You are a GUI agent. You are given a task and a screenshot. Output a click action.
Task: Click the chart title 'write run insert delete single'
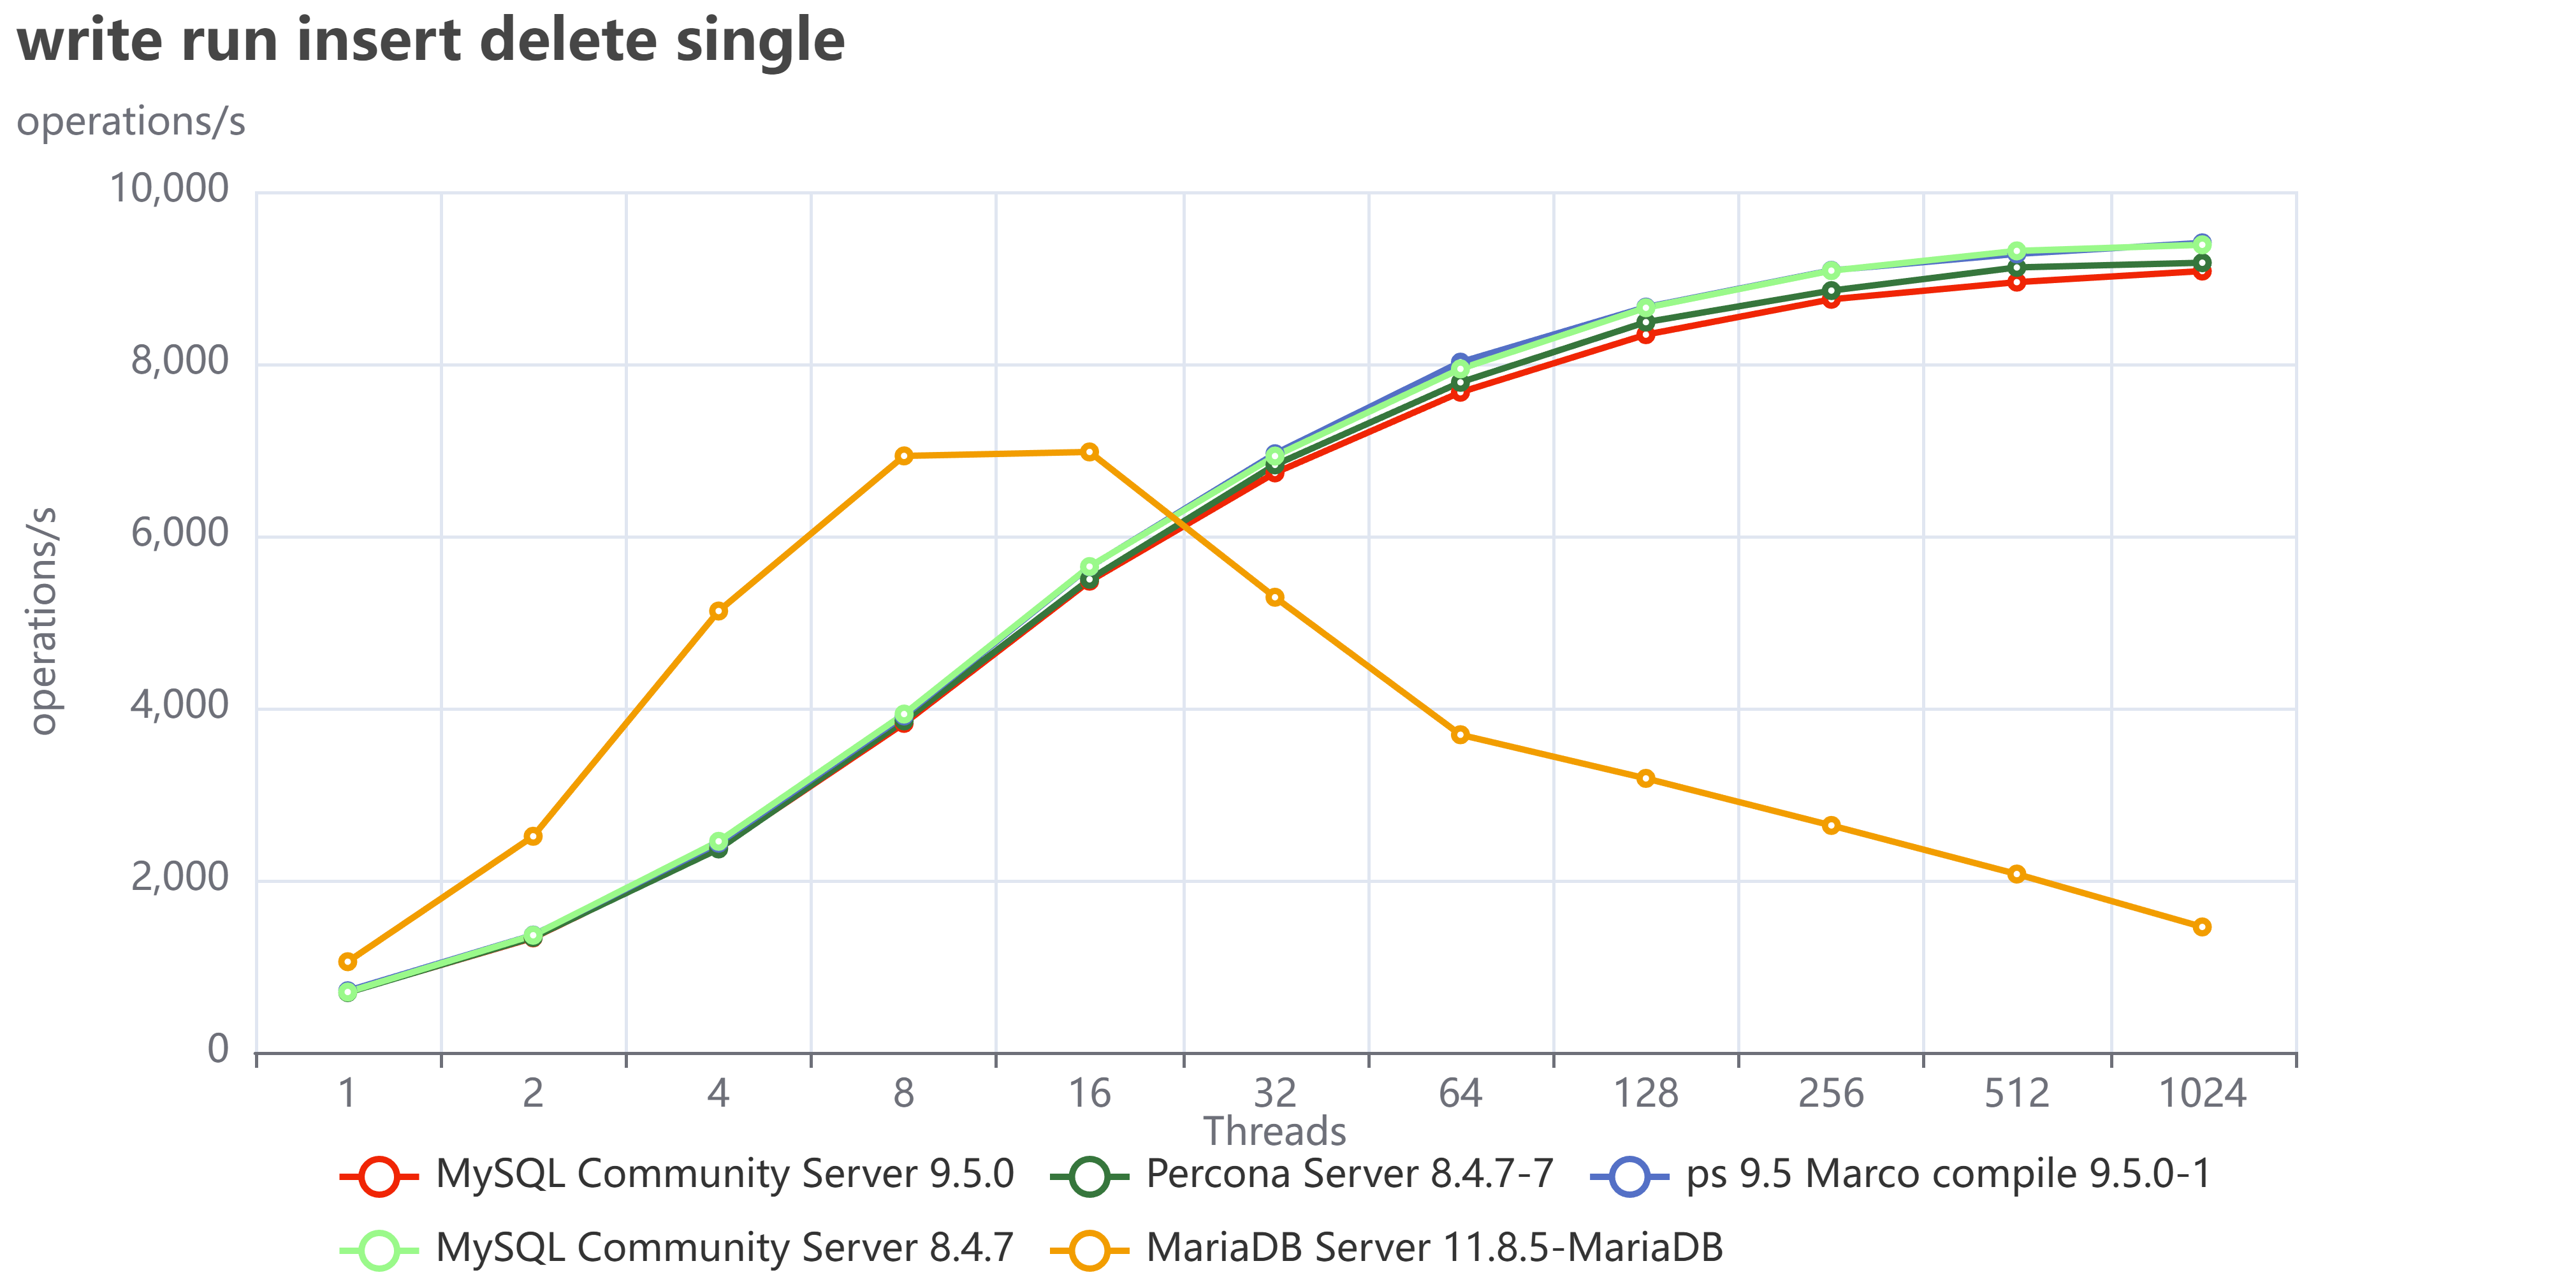(x=430, y=41)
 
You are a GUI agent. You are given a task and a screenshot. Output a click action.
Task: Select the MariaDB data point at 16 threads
(x=1089, y=453)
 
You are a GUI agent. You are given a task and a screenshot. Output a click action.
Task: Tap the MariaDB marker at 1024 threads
(x=2201, y=926)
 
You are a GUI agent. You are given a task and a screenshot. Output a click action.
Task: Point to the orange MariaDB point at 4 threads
(x=718, y=611)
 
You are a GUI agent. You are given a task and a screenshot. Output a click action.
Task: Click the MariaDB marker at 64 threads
(x=1460, y=734)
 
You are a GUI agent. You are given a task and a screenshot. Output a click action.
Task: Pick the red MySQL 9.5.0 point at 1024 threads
(x=2201, y=271)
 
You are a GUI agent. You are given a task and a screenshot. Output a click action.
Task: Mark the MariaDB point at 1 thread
(x=347, y=961)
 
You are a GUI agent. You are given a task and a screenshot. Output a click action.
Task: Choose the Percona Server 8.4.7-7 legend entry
(x=1302, y=1175)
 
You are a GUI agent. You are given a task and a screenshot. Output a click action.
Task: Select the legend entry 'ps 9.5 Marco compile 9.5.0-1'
(x=1900, y=1175)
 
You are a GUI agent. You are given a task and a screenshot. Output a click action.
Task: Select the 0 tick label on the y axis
(x=218, y=1049)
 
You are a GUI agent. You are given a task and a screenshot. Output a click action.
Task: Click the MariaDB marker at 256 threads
(x=1832, y=826)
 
